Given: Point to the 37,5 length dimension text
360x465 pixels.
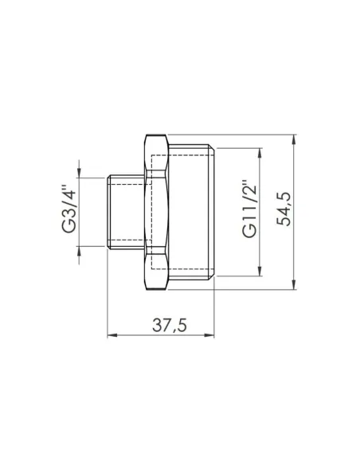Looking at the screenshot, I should (x=163, y=325).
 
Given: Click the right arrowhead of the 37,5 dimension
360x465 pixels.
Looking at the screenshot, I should (x=214, y=334).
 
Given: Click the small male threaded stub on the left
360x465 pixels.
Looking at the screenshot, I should (x=126, y=210).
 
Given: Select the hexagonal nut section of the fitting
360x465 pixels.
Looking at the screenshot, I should (x=157, y=210).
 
